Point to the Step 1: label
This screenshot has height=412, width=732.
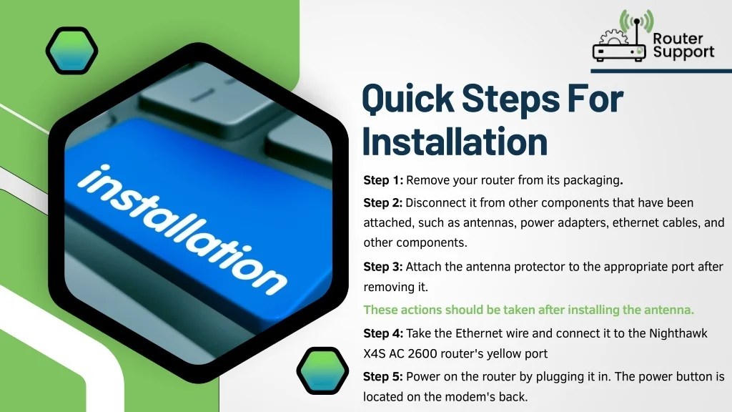383,180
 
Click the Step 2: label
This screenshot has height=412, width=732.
383,203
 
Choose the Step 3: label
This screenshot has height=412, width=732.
383,267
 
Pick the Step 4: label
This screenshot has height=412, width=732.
383,333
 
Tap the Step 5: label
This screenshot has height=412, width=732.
383,376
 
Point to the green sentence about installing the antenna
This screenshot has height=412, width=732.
528,310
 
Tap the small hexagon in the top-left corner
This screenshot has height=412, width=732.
71,49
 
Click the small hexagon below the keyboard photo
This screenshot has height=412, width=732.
322,373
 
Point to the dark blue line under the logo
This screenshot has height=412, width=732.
661,71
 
